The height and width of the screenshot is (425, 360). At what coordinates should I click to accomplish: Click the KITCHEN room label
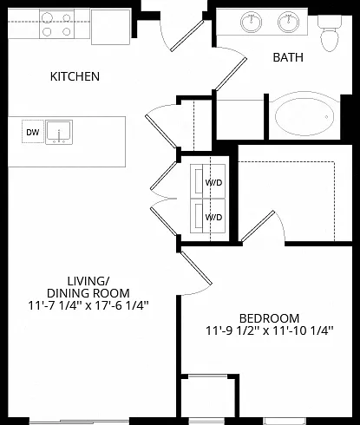[x=75, y=76]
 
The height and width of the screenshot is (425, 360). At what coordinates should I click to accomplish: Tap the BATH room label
[x=288, y=57]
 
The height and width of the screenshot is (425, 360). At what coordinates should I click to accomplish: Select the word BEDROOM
[x=269, y=318]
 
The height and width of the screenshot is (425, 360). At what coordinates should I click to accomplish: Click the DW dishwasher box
[x=33, y=132]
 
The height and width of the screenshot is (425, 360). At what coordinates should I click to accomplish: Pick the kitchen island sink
[x=59, y=133]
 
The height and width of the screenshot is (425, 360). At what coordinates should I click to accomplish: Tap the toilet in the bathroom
[x=330, y=33]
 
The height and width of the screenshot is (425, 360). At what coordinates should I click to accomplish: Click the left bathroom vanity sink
[x=251, y=22]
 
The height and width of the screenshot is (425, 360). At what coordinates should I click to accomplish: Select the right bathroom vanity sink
[x=288, y=22]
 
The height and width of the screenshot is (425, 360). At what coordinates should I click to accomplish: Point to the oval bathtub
[x=304, y=117]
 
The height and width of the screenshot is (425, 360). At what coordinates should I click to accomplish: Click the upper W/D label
[x=214, y=183]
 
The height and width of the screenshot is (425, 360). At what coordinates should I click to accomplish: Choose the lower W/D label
[x=213, y=217]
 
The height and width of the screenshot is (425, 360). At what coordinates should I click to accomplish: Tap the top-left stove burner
[x=47, y=18]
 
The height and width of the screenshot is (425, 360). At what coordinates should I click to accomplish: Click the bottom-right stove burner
[x=67, y=31]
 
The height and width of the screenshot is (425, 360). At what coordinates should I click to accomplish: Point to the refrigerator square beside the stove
[x=110, y=27]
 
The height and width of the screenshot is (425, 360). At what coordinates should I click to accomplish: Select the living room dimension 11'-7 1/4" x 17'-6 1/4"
[x=88, y=305]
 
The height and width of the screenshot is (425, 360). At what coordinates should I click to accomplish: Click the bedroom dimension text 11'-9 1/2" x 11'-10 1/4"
[x=270, y=330]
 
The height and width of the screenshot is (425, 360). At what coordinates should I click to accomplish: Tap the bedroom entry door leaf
[x=196, y=268]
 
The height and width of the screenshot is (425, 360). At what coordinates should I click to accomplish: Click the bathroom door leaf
[x=231, y=74]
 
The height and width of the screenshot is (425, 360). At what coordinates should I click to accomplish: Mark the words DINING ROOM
[x=88, y=293]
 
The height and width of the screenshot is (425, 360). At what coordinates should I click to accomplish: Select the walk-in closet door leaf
[x=258, y=226]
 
